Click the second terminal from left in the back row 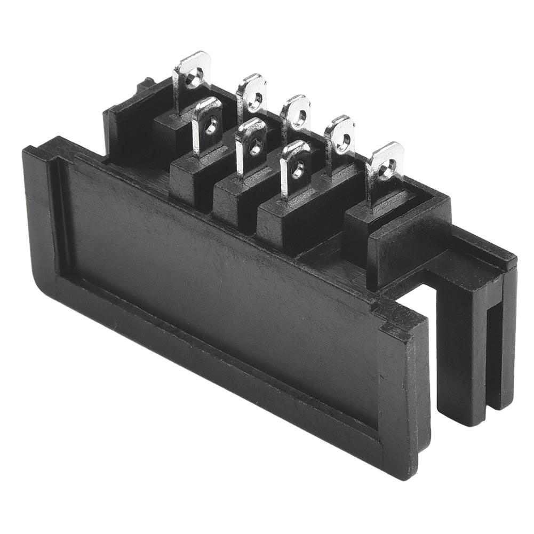[252, 98]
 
